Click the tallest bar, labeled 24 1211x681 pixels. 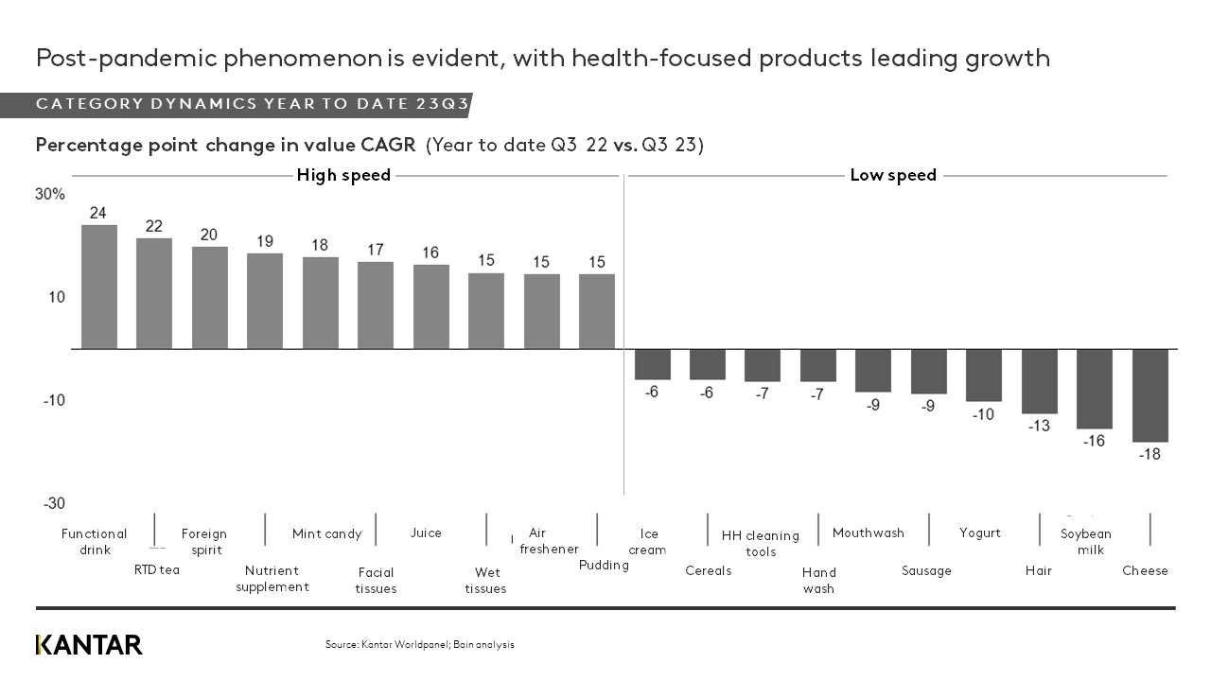(99, 287)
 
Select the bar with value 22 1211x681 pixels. (154, 293)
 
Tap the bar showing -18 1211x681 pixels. (1150, 395)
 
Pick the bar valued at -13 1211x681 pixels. (1039, 381)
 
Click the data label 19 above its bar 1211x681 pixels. (265, 241)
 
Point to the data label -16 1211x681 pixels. (1094, 441)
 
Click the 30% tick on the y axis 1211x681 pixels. (51, 195)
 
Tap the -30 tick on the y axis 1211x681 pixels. (54, 503)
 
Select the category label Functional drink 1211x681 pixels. (95, 542)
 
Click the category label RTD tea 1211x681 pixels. (157, 569)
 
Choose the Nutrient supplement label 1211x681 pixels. (272, 579)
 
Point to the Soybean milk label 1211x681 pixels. (1085, 542)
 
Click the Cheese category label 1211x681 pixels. (1145, 570)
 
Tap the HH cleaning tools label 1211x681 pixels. (761, 543)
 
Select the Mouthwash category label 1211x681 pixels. (869, 533)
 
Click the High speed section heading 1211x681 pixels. (343, 175)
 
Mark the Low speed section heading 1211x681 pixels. (893, 175)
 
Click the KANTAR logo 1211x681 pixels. (89, 645)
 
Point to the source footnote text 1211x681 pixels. (420, 645)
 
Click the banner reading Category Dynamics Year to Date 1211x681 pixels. (252, 104)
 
